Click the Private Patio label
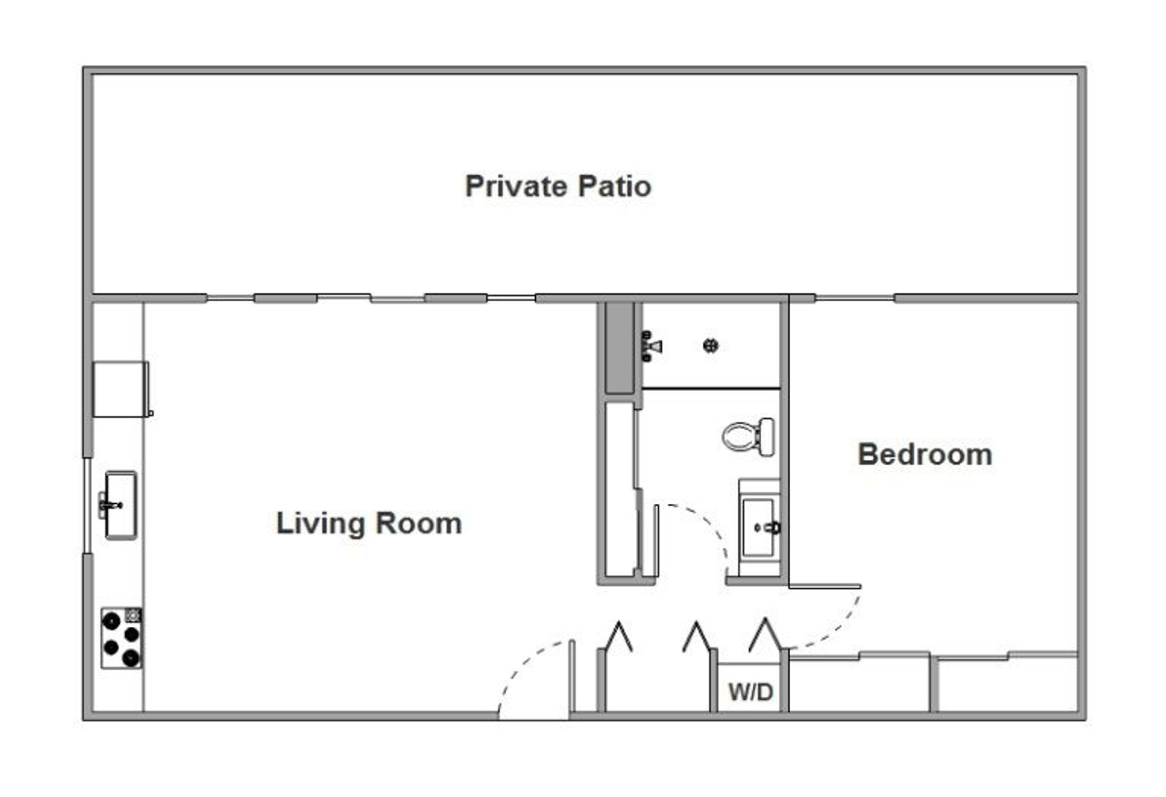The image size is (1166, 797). (x=558, y=186)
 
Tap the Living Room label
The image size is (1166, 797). (x=369, y=523)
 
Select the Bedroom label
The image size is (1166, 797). (x=925, y=454)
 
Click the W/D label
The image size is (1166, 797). (x=751, y=692)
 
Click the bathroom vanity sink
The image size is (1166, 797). (x=759, y=527)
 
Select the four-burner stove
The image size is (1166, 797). (x=122, y=638)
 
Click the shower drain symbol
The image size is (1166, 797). (x=711, y=346)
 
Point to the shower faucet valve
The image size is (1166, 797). (x=651, y=346)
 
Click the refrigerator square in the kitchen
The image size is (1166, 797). (x=121, y=389)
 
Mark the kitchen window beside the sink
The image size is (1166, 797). (x=87, y=506)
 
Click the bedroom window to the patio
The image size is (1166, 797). (x=855, y=298)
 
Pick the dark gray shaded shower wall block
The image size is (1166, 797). (x=619, y=348)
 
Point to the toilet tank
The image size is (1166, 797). (x=767, y=437)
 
